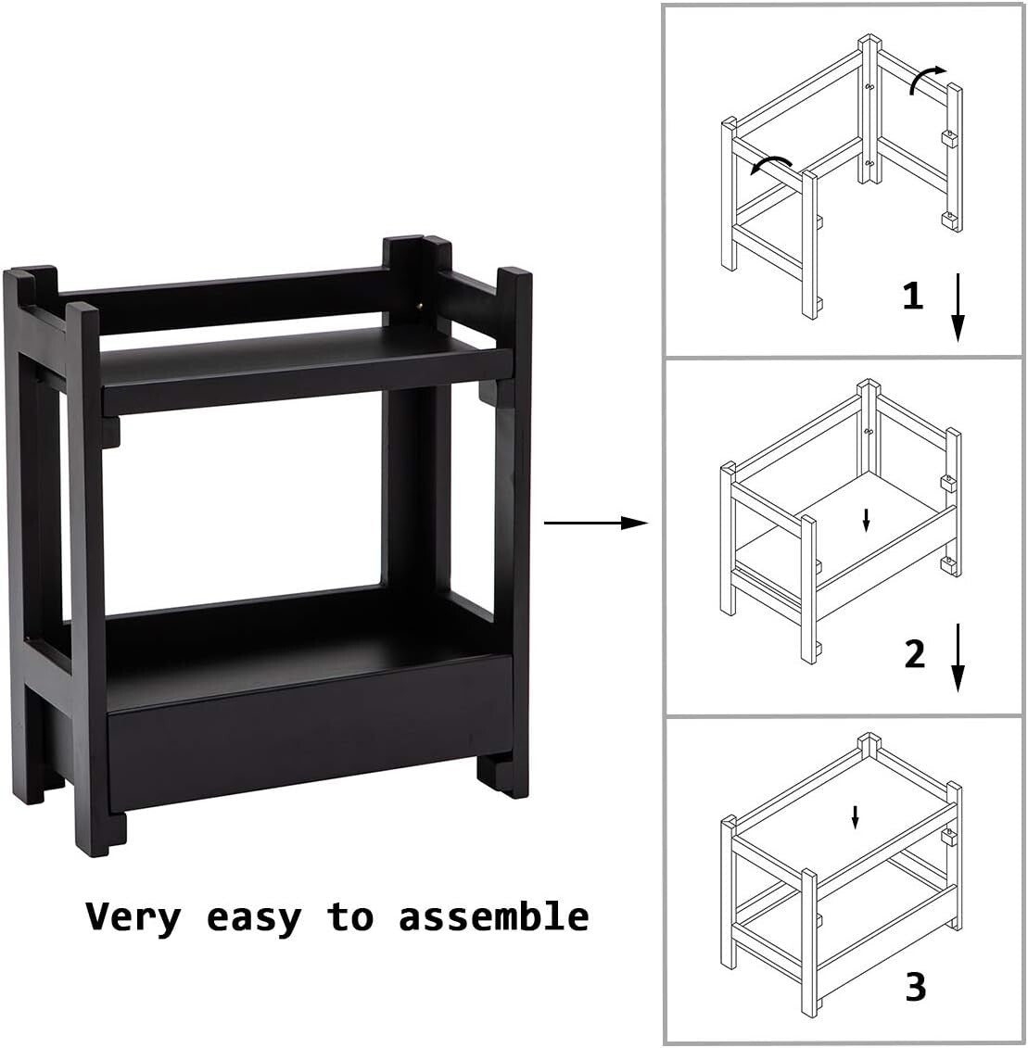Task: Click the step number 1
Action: (913, 297)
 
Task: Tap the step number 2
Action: (915, 654)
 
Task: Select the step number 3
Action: (916, 987)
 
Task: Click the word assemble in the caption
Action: (494, 917)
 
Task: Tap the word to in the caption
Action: (350, 917)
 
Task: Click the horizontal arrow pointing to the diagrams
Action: (594, 524)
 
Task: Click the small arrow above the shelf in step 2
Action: (866, 520)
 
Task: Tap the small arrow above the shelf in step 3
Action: (856, 816)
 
